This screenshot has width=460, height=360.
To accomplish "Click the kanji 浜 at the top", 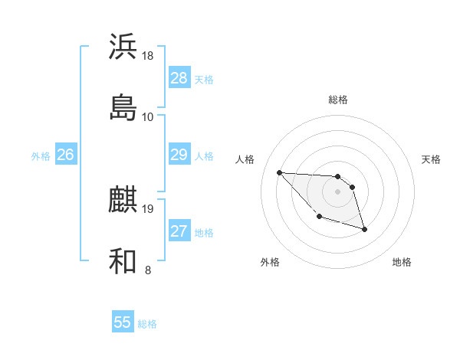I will (123, 47).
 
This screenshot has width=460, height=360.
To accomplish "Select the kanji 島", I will (123, 108).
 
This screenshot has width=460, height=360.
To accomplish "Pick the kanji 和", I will (123, 261).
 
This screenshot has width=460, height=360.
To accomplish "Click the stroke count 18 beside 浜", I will (148, 56).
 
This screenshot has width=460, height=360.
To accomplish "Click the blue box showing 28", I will (179, 78).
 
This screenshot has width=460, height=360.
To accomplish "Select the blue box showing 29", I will (179, 155).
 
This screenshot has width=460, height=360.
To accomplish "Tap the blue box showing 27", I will (179, 231).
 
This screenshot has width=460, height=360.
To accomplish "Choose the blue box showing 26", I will (65, 155).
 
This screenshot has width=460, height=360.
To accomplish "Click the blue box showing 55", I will (123, 322).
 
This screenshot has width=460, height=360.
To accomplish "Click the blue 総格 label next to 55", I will (147, 324).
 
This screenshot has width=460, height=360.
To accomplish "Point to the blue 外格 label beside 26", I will (41, 156).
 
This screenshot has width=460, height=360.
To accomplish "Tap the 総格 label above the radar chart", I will (338, 100).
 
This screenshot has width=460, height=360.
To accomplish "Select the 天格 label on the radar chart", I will (432, 159).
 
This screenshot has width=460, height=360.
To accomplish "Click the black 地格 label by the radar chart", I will (402, 262).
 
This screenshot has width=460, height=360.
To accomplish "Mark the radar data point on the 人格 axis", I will (279, 172).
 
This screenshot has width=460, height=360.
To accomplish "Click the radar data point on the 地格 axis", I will (364, 229).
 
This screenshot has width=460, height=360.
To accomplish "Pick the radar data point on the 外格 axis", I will (319, 217).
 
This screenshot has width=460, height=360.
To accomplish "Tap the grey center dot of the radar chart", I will (338, 191).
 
